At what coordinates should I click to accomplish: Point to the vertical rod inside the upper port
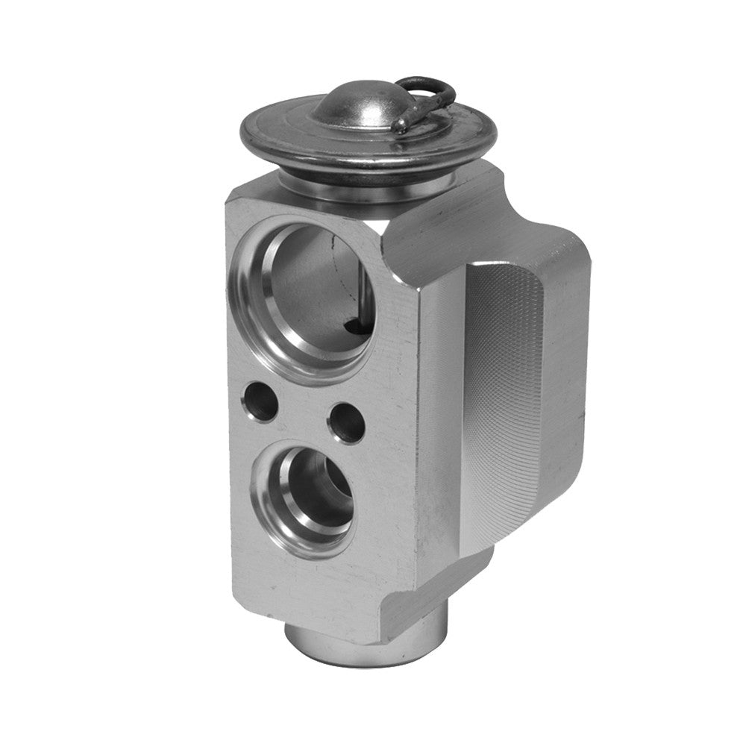[x=357, y=291]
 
